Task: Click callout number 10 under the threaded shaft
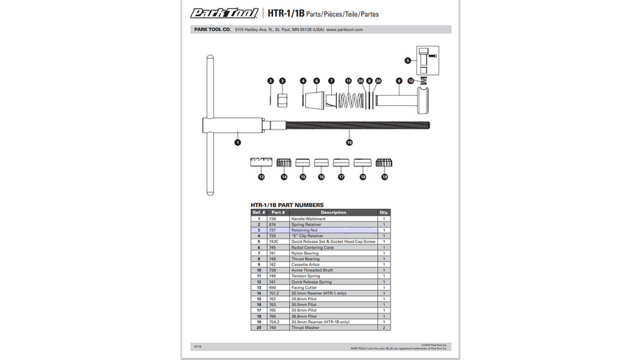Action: coord(349,142)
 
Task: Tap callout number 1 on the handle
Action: coord(238,141)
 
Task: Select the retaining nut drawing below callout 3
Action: coord(282,99)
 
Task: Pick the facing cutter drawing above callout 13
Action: coord(261,163)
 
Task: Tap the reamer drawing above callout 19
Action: coord(384,163)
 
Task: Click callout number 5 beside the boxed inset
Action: coord(408,60)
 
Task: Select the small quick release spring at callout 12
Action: coord(423,80)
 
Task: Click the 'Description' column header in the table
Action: coord(333,212)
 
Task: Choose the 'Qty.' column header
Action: coord(384,212)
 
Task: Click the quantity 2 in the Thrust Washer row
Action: coord(384,327)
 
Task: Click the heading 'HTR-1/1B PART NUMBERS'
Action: coord(287,205)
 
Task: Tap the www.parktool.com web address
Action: coord(344,30)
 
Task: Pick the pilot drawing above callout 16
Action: coord(321,163)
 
